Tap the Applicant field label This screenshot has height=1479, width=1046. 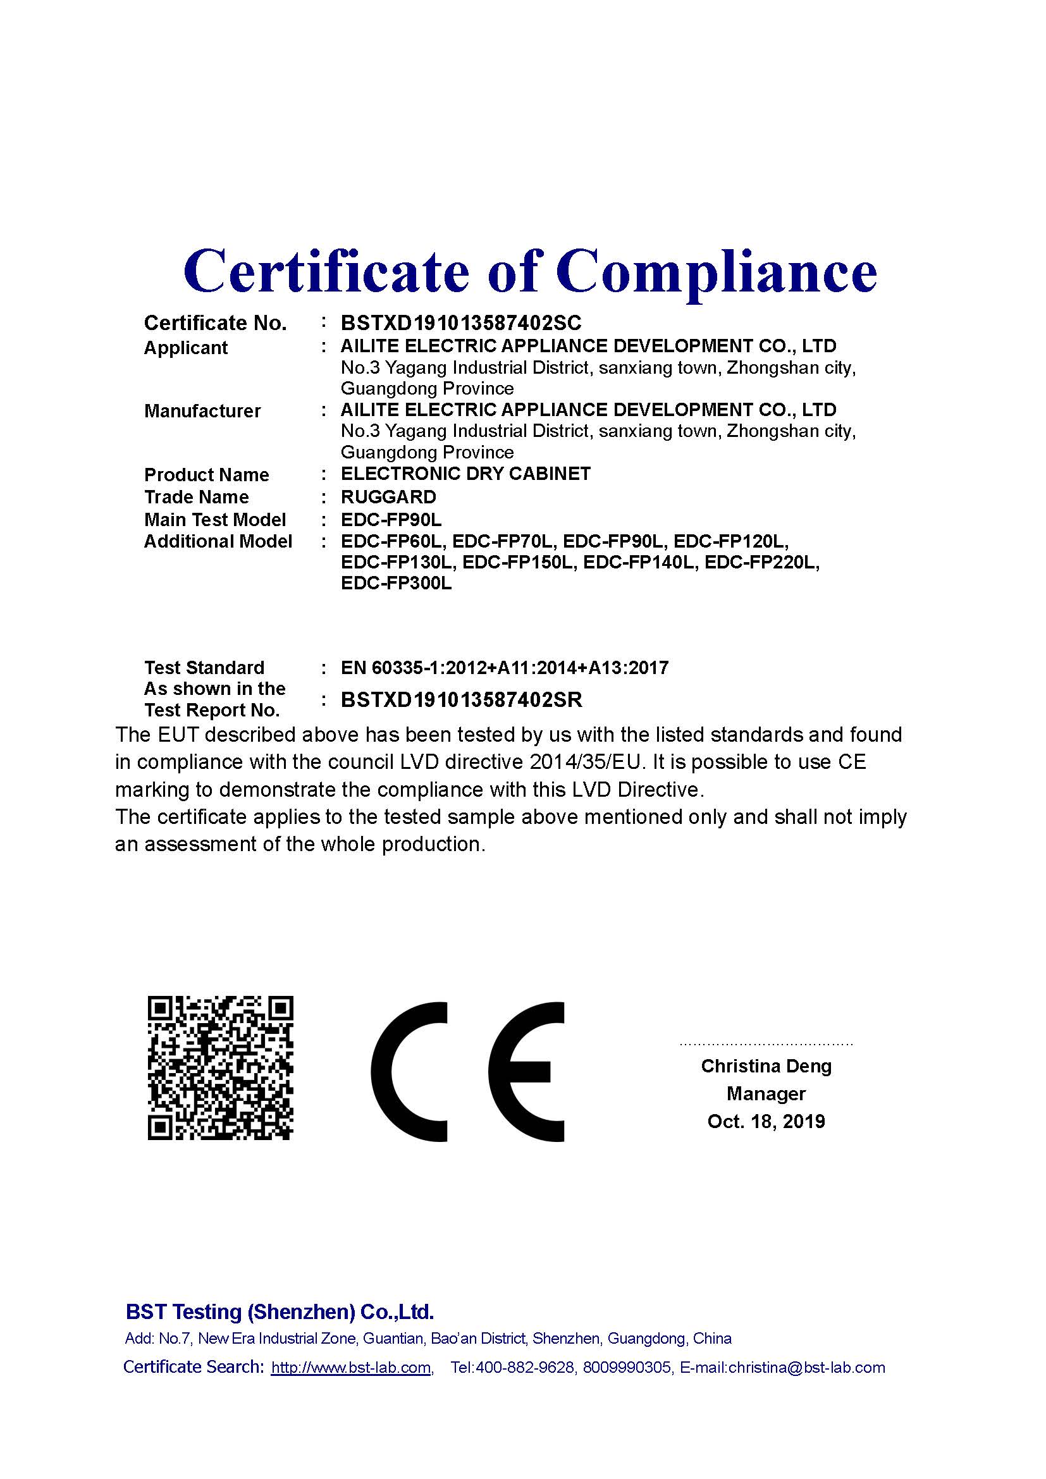click(185, 348)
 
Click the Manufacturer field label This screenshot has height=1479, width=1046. click(202, 411)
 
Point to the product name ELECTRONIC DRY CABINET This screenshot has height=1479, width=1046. click(465, 474)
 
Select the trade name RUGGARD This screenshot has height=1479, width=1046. click(388, 497)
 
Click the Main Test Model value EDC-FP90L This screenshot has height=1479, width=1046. click(391, 520)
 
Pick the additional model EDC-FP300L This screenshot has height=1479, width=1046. click(396, 584)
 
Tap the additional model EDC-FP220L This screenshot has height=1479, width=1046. click(762, 562)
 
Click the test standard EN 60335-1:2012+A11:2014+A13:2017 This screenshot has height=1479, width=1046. click(504, 667)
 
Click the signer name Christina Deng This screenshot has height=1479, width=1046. click(766, 1066)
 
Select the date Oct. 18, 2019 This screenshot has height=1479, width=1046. click(766, 1122)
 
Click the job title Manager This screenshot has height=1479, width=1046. click(766, 1094)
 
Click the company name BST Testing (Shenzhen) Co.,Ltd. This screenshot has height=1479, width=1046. click(280, 1311)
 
